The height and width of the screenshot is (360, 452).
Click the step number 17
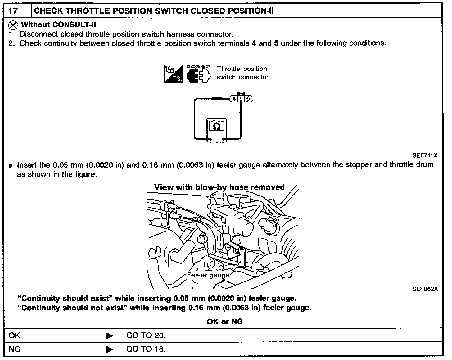tap(13, 11)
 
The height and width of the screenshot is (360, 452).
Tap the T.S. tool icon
tap(174, 74)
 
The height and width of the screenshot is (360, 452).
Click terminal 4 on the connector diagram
tap(234, 99)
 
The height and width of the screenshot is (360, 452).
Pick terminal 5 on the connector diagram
tap(241, 99)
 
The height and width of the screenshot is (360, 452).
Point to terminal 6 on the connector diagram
tap(249, 99)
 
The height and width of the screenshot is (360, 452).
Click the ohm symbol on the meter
tap(217, 126)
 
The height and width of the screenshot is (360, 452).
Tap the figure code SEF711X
tap(425, 155)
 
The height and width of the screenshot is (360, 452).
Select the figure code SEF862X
tap(425, 289)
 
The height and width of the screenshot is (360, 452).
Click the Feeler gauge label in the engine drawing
tap(208, 275)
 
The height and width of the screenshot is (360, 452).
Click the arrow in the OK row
tap(109, 336)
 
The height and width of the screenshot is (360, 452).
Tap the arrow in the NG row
tap(109, 349)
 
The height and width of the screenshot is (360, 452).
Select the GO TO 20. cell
tap(146, 335)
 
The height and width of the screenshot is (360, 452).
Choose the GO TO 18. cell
tap(146, 349)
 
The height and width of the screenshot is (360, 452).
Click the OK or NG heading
tap(224, 322)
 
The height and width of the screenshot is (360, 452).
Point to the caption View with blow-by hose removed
tap(219, 187)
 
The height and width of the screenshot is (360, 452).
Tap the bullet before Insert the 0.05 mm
tap(11, 166)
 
